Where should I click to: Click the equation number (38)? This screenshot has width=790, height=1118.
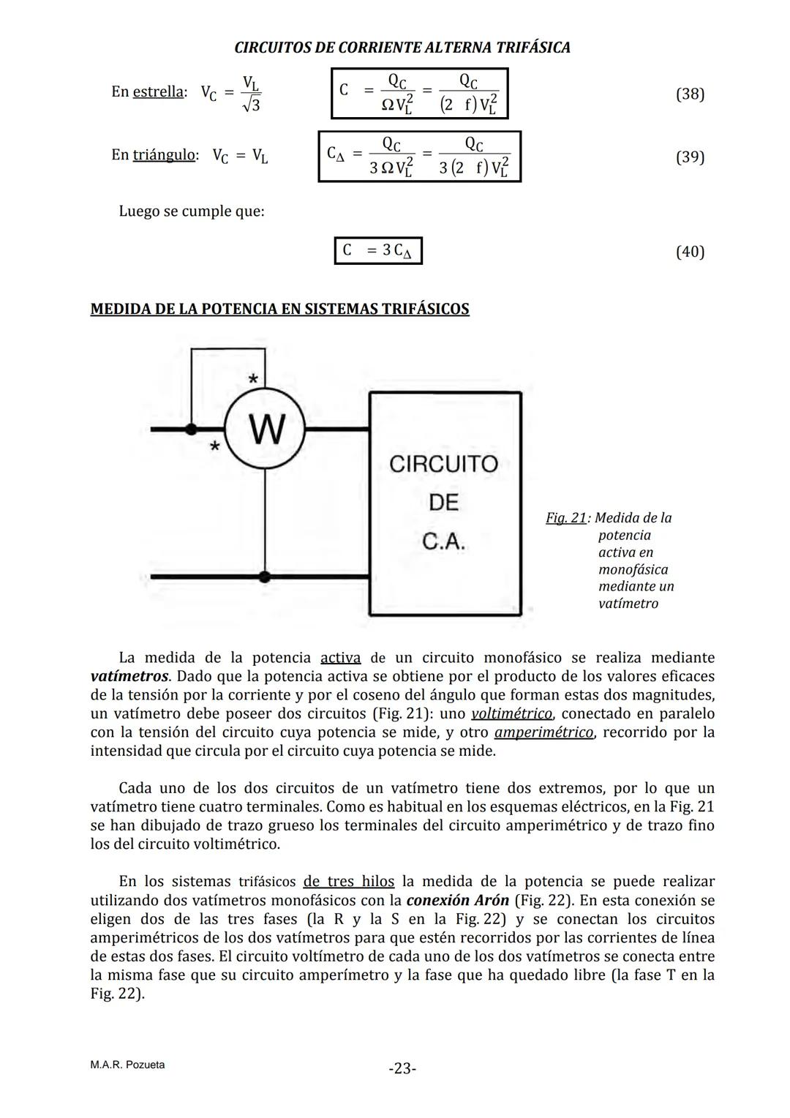(x=690, y=94)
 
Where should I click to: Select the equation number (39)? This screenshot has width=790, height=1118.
(x=690, y=157)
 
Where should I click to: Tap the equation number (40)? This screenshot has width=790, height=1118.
(x=690, y=252)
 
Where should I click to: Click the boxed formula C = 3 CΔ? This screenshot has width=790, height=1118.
(x=378, y=251)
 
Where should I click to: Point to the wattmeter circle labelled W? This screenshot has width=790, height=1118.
(x=265, y=429)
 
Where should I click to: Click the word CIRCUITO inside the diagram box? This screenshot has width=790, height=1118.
(x=443, y=464)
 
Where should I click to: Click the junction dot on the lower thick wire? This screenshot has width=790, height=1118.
(x=265, y=577)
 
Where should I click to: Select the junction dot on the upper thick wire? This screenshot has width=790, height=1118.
(x=192, y=429)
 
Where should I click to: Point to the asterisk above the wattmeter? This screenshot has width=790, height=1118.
(x=253, y=379)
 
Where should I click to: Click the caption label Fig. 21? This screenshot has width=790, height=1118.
(x=565, y=518)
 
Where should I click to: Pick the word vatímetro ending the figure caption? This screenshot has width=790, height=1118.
(x=628, y=604)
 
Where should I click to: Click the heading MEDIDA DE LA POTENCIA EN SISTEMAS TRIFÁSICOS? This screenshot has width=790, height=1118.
(x=279, y=309)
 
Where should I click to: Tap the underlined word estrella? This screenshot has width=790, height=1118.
(x=157, y=91)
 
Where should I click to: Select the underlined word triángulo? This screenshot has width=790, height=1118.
(x=164, y=154)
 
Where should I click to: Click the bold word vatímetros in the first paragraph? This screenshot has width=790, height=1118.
(x=129, y=676)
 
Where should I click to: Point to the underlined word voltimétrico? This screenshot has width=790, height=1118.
(x=511, y=713)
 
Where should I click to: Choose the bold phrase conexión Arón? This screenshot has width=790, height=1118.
(x=457, y=900)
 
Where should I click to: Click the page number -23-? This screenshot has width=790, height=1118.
(x=402, y=1069)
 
